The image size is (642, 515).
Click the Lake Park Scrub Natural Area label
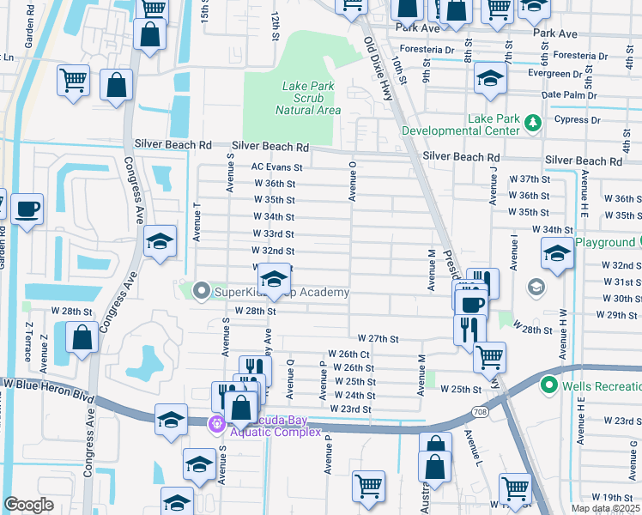pyautogui.click(x=308, y=98)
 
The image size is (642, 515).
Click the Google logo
pyautogui.click(x=28, y=505)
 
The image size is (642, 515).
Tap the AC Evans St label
pyautogui.click(x=276, y=168)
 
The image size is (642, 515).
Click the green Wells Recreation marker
pyautogui.click(x=548, y=385)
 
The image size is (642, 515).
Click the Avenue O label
pyautogui.click(x=352, y=180)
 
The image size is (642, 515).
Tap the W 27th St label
pyautogui.click(x=379, y=339)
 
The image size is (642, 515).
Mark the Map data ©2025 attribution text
pyautogui.click(x=605, y=508)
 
